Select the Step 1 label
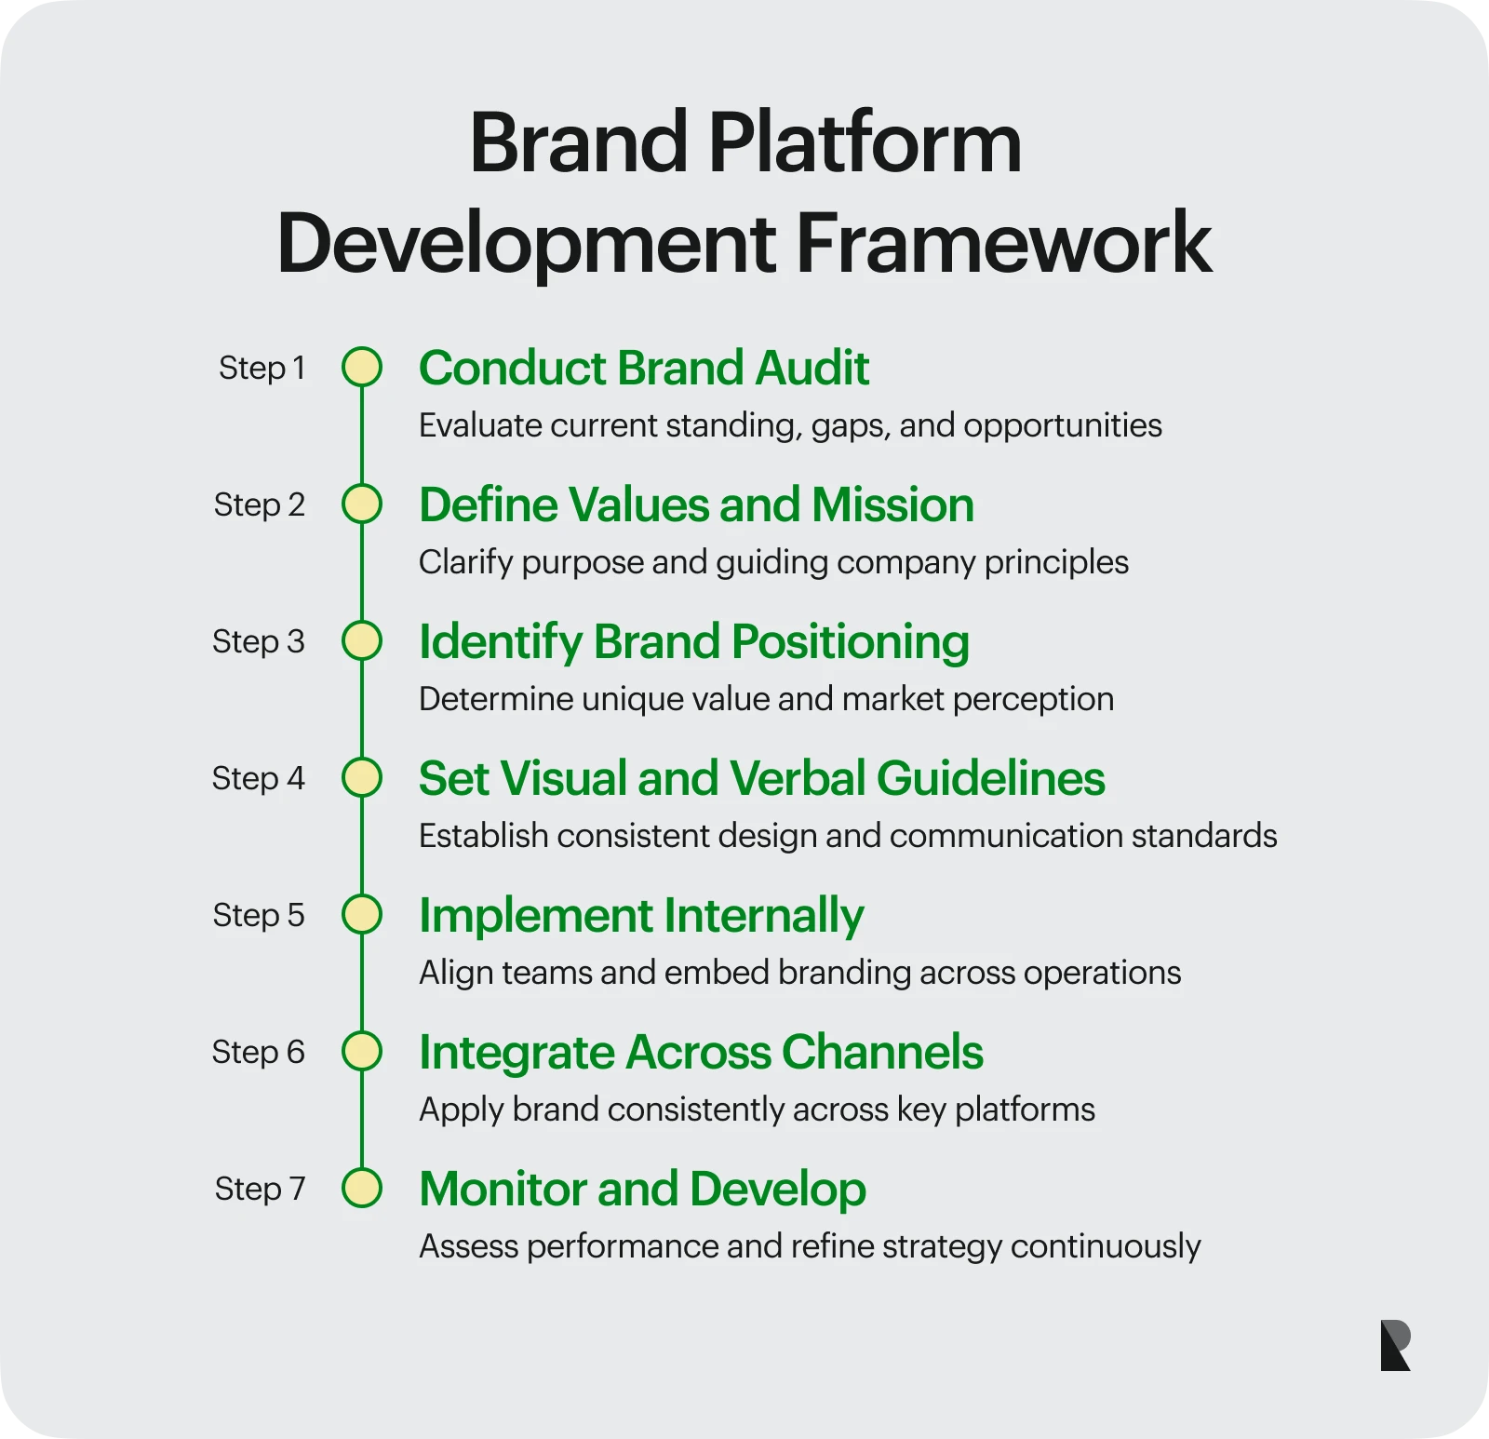tap(262, 368)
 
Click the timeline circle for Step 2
tap(362, 504)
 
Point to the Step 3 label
tap(259, 641)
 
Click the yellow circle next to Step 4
tap(362, 777)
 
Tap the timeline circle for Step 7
tap(362, 1188)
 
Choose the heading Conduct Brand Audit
tap(644, 368)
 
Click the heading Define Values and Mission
tap(697, 504)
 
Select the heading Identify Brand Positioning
tap(694, 642)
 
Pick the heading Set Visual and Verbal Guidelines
tap(762, 778)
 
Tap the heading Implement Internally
tap(642, 916)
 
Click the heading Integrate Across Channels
tap(702, 1053)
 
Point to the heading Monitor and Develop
tap(643, 1189)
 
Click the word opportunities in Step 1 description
tap(1063, 426)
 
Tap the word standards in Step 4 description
tap(1204, 836)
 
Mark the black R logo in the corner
tap(1396, 1345)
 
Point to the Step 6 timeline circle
tap(362, 1051)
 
